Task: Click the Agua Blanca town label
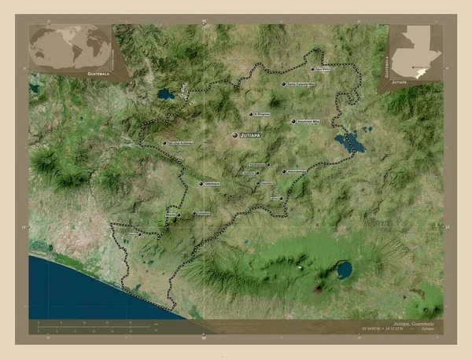click(x=326, y=69)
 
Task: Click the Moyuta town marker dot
click(x=178, y=214)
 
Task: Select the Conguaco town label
click(x=204, y=213)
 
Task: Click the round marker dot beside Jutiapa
click(x=235, y=136)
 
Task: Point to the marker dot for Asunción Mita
click(x=294, y=122)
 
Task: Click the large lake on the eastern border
click(x=350, y=142)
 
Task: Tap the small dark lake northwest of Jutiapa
click(x=166, y=94)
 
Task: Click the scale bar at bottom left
click(x=94, y=325)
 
